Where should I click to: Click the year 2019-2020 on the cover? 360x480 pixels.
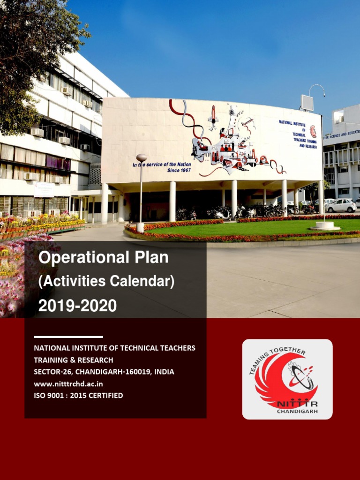(77, 306)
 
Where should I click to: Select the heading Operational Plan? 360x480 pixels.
(103, 257)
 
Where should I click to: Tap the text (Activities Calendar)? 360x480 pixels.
(106, 282)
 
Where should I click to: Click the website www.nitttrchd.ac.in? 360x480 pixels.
(68, 384)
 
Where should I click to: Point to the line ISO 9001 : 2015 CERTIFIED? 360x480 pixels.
(78, 396)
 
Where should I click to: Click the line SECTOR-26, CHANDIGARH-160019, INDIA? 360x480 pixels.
(104, 372)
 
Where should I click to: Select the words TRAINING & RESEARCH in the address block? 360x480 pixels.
(73, 360)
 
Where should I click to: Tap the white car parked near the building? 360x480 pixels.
(341, 205)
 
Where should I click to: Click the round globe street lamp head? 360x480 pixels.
(142, 158)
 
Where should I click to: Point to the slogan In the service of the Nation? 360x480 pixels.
(161, 165)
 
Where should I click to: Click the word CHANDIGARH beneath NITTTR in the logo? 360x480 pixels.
(297, 412)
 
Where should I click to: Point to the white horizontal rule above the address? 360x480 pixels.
(68, 337)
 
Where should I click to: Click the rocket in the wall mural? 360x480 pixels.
(213, 117)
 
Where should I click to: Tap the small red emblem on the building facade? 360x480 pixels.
(313, 131)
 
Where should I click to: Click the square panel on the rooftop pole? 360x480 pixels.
(307, 103)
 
